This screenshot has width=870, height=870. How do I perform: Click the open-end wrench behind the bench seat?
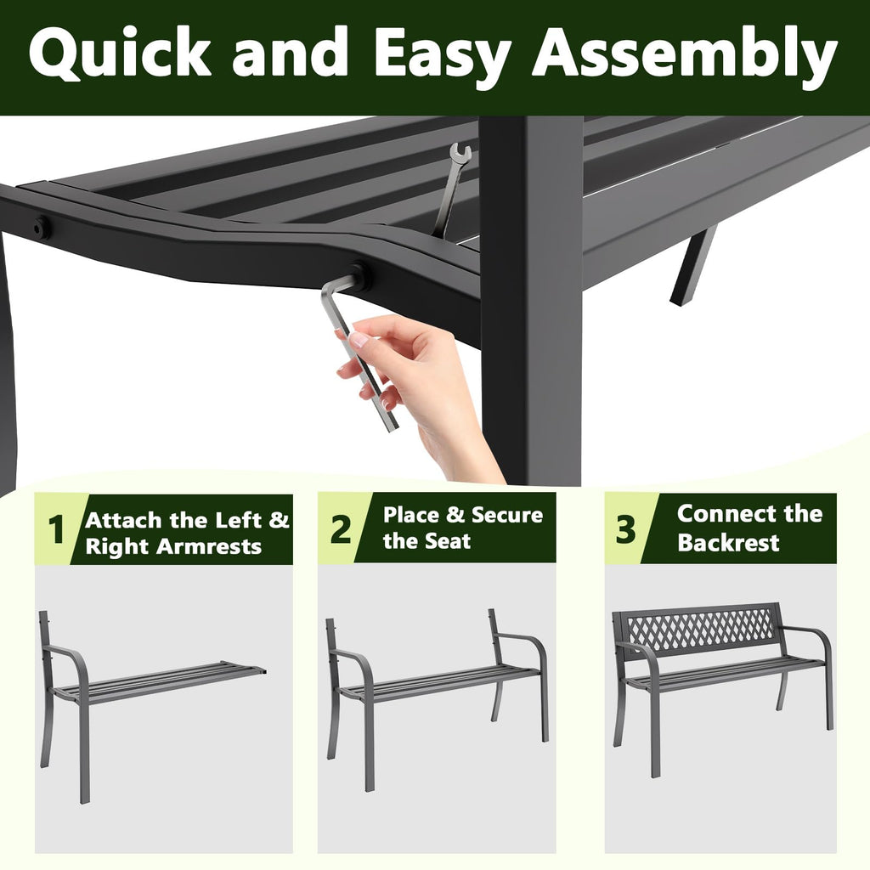pyautogui.click(x=450, y=187)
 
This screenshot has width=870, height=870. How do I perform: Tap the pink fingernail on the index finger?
pyautogui.click(x=359, y=339)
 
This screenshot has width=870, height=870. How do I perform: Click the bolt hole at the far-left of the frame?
pyautogui.click(x=41, y=227)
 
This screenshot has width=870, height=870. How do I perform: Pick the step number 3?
pyautogui.click(x=625, y=529)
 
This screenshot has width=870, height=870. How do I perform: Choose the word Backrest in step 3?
pyautogui.click(x=728, y=543)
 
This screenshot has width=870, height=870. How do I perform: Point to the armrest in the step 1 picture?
pyautogui.click(x=68, y=658)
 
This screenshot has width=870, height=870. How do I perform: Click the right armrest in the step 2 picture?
pyautogui.click(x=527, y=646)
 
